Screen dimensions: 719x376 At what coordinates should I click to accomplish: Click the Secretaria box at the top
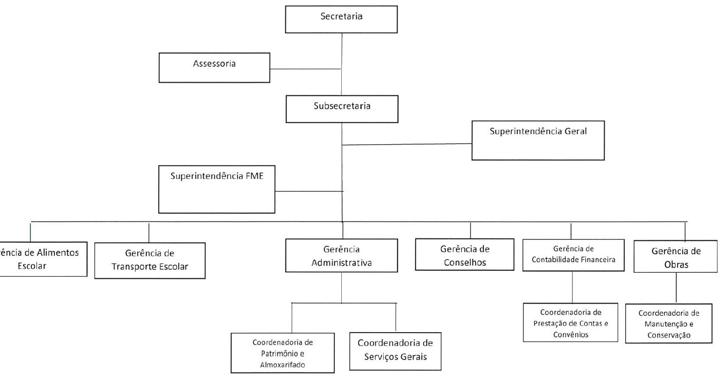tap(341, 19)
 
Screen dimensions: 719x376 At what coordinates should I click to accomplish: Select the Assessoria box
tap(215, 68)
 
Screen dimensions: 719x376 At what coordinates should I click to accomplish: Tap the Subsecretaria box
tap(342, 109)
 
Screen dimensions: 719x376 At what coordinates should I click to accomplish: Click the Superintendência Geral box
tap(538, 141)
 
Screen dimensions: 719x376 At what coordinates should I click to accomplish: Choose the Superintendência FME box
tap(217, 189)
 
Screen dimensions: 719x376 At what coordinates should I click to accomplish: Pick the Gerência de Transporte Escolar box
tap(150, 260)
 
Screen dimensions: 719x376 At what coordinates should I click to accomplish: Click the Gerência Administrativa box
tap(341, 255)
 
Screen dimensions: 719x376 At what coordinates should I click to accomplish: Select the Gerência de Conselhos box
tap(465, 254)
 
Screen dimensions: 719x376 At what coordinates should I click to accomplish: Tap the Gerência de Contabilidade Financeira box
tap(573, 255)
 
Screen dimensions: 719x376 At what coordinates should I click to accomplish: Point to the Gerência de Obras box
tap(676, 256)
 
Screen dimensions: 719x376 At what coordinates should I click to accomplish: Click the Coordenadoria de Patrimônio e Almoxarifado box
tap(282, 353)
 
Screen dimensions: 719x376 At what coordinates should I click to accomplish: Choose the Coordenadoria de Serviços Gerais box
tap(395, 351)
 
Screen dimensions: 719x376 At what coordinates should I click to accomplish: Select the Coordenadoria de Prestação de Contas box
tap(570, 323)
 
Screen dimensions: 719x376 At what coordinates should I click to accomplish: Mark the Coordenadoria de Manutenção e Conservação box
tap(669, 323)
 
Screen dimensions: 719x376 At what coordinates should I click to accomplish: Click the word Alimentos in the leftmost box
tap(57, 252)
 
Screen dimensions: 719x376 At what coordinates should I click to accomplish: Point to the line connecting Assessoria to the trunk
tap(305, 69)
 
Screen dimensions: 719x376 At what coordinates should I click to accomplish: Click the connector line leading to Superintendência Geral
tap(407, 145)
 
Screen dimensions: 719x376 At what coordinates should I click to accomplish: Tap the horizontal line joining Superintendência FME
tap(309, 191)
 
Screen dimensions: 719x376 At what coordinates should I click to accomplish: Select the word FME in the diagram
tap(254, 176)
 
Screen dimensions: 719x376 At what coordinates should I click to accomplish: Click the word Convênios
tap(570, 335)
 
